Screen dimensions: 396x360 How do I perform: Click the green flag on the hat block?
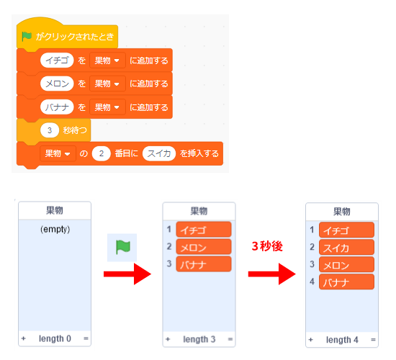coord(27,37)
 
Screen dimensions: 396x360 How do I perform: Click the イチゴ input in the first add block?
coord(57,60)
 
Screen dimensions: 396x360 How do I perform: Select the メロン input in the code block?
coord(57,84)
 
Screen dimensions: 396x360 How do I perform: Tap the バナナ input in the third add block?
coord(57,107)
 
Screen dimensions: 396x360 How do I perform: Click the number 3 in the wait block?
coord(50,130)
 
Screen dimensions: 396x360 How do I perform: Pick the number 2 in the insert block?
coord(102,153)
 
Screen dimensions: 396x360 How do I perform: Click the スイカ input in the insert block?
coord(159,153)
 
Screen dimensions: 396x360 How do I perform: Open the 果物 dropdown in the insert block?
coord(58,153)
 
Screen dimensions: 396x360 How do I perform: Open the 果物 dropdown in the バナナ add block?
coord(107,107)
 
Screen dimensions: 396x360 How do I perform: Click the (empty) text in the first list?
coord(55,230)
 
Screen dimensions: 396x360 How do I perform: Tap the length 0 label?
coord(55,338)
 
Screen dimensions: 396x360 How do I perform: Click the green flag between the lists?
coord(122,247)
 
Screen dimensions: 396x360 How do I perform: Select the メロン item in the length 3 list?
coord(204,246)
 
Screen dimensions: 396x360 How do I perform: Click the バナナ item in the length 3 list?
coord(204,264)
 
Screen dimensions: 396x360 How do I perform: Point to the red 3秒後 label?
coord(267,246)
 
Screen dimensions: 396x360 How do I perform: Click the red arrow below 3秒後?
coord(271,274)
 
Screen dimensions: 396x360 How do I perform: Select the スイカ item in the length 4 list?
coord(346,247)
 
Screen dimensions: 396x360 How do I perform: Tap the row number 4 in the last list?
coord(312,282)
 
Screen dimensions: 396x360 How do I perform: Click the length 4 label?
coord(342,340)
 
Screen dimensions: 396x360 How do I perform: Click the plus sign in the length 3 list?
coord(168,339)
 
